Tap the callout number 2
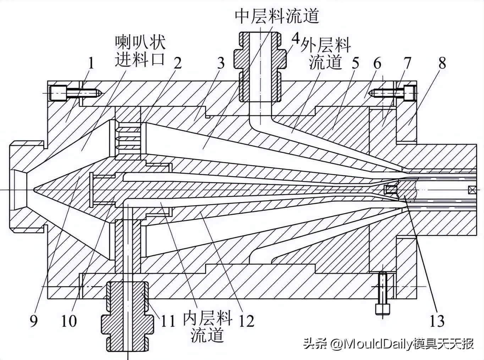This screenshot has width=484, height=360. point(177,63)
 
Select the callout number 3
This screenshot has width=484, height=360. point(221,63)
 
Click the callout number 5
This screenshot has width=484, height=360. point(355,63)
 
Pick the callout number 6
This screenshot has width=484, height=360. point(377,63)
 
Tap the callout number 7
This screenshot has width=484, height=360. point(407,63)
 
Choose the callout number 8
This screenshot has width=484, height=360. point(442,63)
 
